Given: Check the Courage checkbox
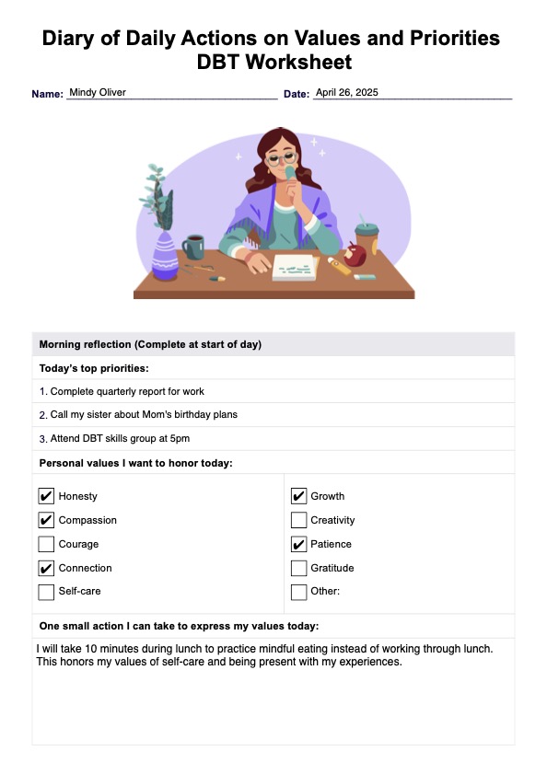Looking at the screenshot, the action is (x=46, y=544).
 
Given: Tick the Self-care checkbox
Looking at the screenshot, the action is (x=46, y=592).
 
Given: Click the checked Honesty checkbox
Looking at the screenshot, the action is (x=46, y=496).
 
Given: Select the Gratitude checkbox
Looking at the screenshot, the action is (x=298, y=568).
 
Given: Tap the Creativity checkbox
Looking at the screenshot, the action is (x=298, y=520).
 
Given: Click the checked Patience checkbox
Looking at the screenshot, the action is (x=298, y=544).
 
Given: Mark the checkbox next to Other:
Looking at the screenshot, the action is (x=298, y=592).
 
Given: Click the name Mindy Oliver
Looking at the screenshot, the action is (x=98, y=93).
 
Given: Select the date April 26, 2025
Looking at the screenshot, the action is (x=346, y=93).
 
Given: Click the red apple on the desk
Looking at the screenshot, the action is (x=355, y=250).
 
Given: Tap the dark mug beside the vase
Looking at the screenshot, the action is (x=193, y=247).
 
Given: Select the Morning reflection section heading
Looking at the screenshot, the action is (x=150, y=344).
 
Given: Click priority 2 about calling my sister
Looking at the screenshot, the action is (x=138, y=414).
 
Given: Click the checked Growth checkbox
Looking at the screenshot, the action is (x=298, y=496).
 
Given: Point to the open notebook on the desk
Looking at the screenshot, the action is (x=295, y=267).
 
